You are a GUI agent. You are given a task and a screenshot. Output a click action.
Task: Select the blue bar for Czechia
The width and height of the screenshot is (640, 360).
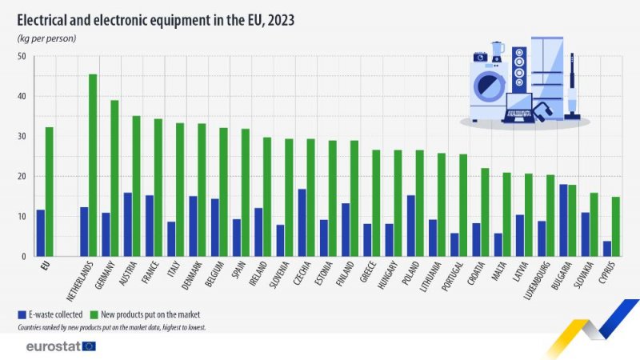click(x=302, y=223)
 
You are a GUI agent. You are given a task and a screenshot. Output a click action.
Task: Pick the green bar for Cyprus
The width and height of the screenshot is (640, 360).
click(x=615, y=227)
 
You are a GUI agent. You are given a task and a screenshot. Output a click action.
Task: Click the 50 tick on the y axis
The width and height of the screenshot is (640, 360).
click(x=22, y=57)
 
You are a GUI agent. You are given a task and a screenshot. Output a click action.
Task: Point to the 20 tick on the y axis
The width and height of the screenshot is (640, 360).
click(x=22, y=177)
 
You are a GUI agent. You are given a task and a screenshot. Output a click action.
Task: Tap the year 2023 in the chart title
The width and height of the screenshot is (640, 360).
click(x=280, y=21)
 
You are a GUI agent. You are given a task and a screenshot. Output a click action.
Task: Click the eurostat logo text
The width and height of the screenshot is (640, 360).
click(x=51, y=346)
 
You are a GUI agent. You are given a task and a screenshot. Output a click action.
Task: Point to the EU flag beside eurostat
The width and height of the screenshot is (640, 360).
click(x=88, y=346)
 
